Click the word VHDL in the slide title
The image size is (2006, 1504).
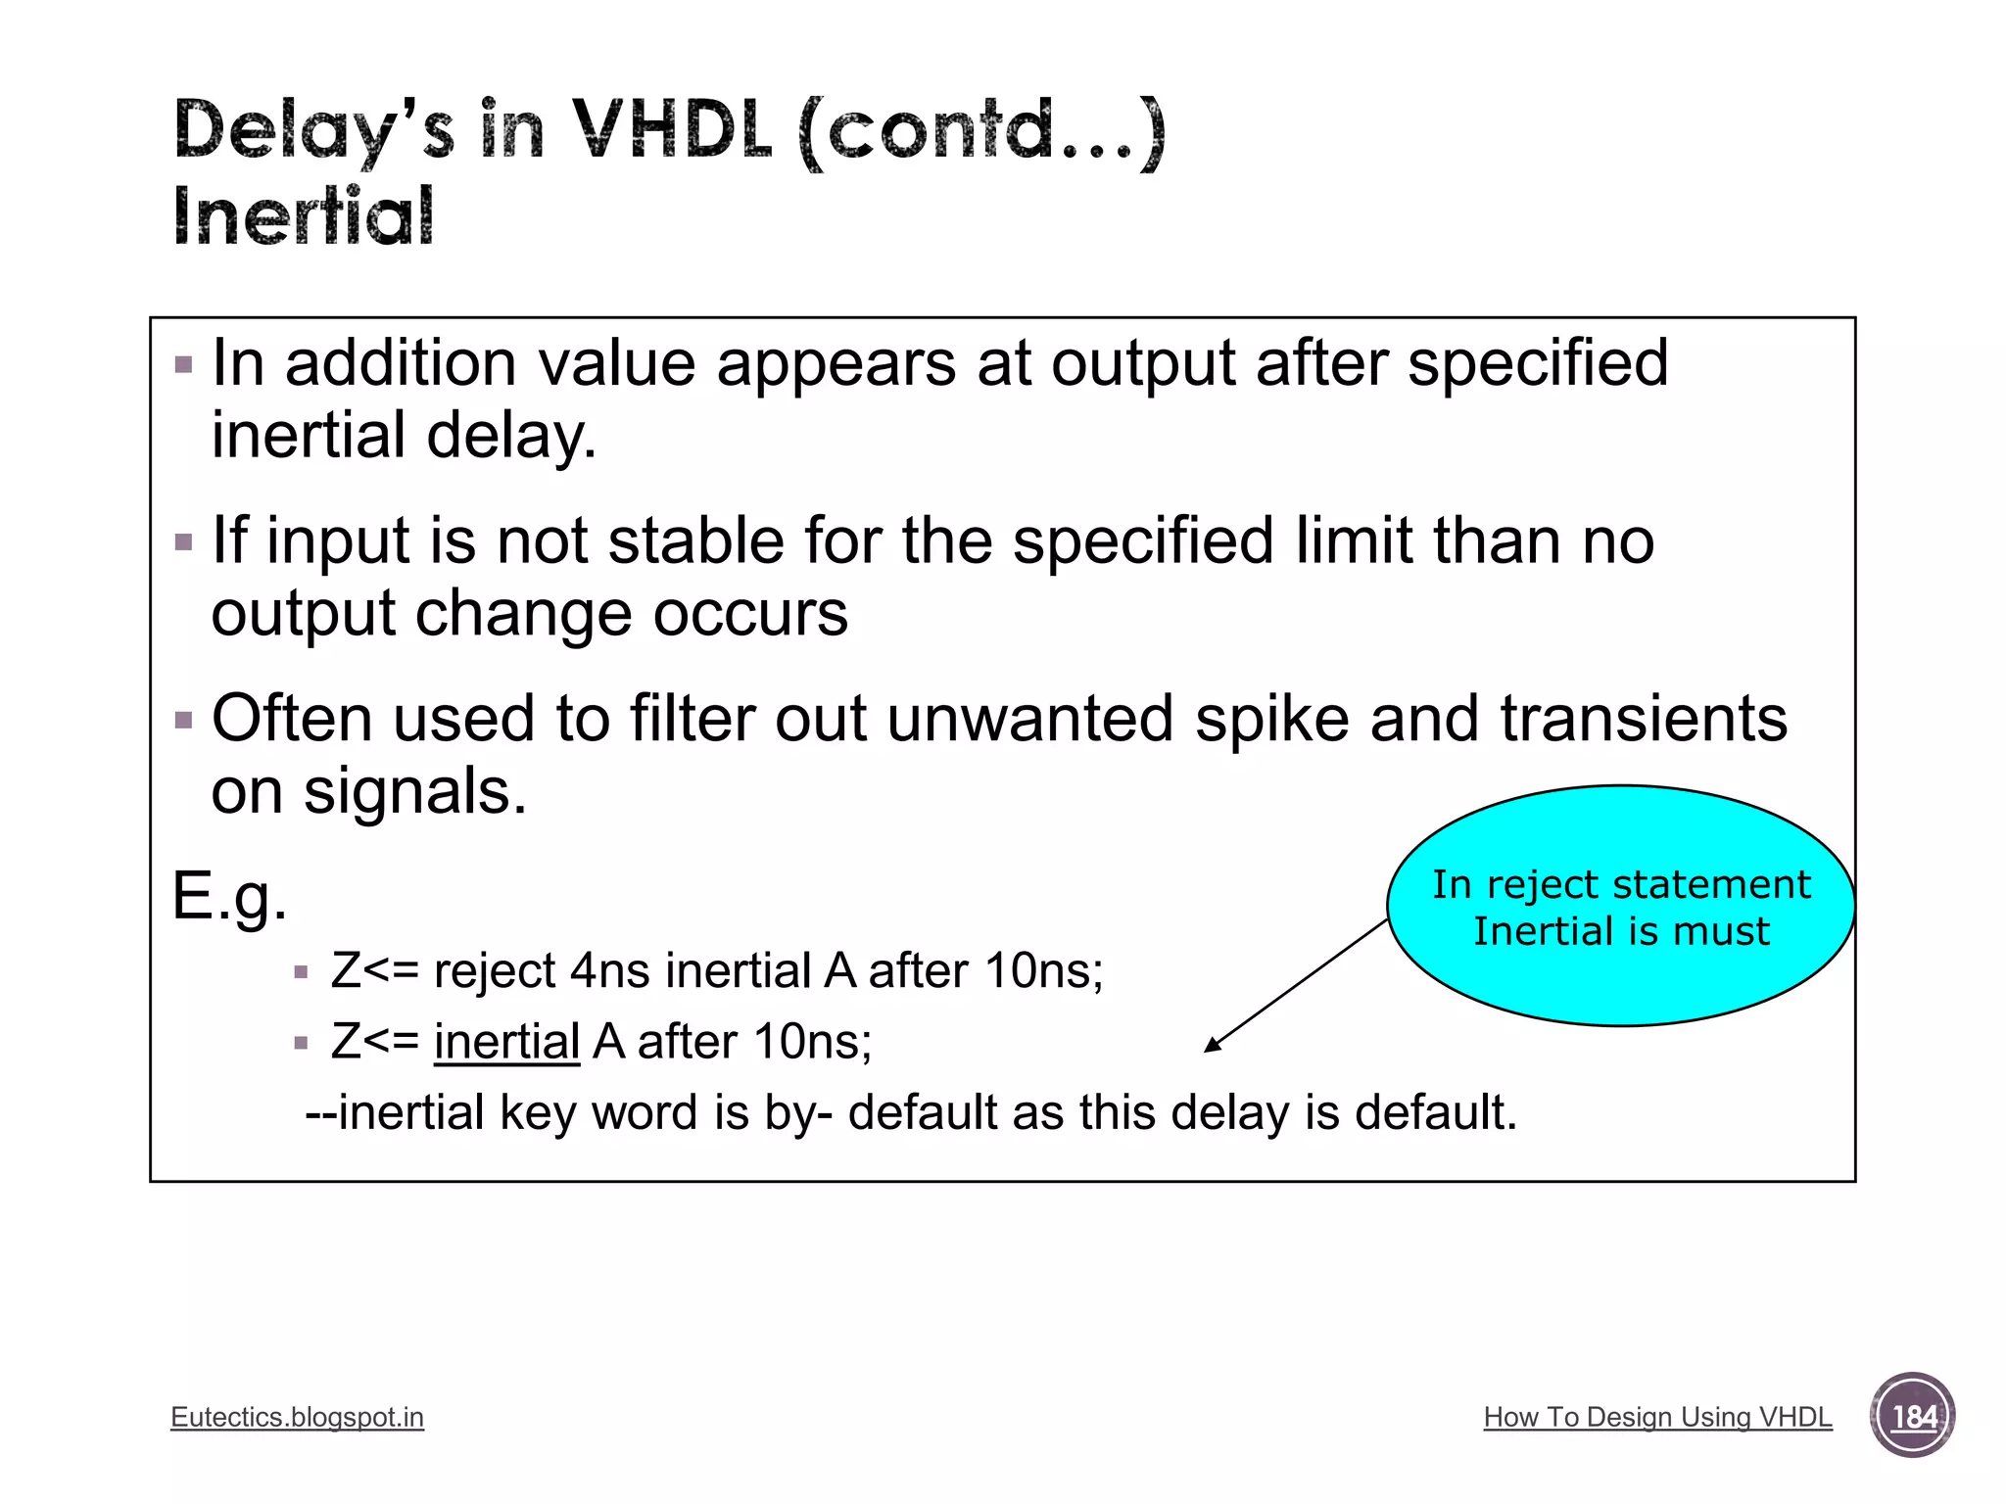click(x=672, y=130)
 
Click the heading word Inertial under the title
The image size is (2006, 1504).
click(x=303, y=216)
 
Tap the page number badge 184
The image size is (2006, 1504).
click(x=1912, y=1416)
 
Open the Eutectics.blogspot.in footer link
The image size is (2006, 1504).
click(x=297, y=1417)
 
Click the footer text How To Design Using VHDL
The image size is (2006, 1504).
click(x=1657, y=1417)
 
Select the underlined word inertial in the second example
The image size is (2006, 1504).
click(x=506, y=1041)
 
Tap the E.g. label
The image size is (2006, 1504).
click(x=229, y=896)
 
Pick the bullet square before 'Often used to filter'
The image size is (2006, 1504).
click(x=183, y=721)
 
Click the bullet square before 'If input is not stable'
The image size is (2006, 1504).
click(x=183, y=542)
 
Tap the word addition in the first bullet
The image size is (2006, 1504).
click(x=400, y=363)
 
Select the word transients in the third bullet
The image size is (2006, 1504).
click(x=1644, y=720)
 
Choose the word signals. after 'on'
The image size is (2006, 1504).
click(x=414, y=791)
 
